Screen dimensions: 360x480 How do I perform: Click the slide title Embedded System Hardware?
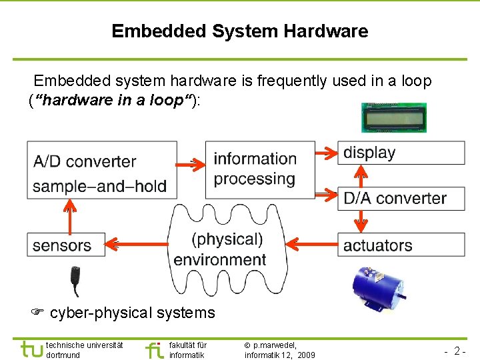click(239, 31)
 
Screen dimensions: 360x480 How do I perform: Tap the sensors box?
click(66, 245)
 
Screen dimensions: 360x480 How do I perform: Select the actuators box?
click(401, 245)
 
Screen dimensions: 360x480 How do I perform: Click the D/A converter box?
click(401, 198)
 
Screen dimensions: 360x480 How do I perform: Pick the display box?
click(401, 153)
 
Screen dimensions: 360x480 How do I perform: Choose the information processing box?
click(259, 169)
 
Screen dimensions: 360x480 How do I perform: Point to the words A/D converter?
click(85, 161)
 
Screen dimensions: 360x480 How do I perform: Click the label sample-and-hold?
click(99, 186)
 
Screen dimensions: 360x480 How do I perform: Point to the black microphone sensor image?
click(77, 280)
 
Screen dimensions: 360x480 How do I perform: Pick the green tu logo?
click(30, 349)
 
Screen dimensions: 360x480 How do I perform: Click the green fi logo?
click(154, 349)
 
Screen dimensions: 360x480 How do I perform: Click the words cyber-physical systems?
click(133, 313)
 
